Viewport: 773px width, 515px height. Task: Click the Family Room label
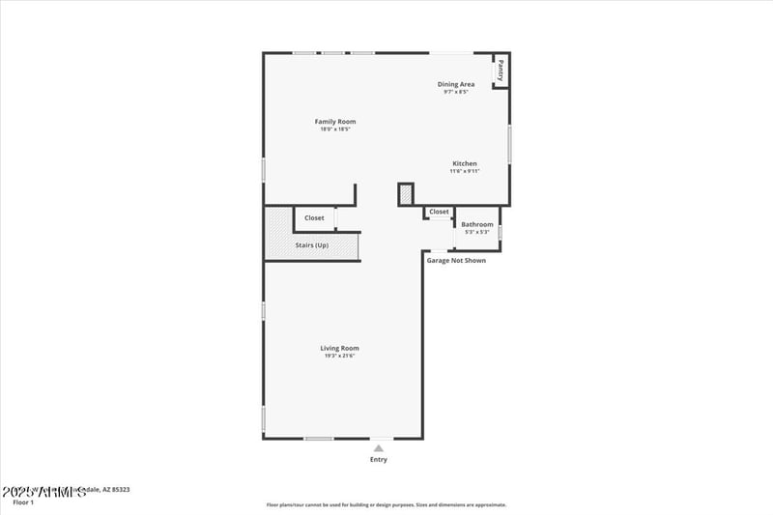[x=335, y=122]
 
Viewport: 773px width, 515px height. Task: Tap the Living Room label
[x=340, y=348]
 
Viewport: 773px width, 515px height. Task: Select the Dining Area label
[x=455, y=84]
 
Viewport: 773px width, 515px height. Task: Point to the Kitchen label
[x=465, y=163]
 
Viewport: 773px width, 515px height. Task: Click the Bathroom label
[x=477, y=224]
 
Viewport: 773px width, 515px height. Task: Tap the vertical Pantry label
[x=501, y=70]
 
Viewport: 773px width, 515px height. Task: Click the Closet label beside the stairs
[x=314, y=218]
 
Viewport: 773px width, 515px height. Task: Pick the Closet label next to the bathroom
[x=439, y=212]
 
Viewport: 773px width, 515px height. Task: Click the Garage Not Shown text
[x=456, y=260]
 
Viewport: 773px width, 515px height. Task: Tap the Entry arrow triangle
[x=379, y=448]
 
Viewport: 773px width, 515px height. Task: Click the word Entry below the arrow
[x=379, y=460]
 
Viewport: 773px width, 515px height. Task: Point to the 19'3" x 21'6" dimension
[x=340, y=356]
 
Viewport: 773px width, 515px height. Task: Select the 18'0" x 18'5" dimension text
[x=335, y=129]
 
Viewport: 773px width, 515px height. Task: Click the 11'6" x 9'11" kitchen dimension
[x=465, y=171]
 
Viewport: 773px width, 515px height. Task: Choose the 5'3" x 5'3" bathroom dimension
[x=477, y=232]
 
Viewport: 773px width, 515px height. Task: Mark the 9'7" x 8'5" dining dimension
[x=455, y=92]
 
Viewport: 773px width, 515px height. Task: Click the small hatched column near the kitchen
[x=406, y=194]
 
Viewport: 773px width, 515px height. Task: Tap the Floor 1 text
[x=22, y=502]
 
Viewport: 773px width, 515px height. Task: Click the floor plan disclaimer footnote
[x=386, y=504]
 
